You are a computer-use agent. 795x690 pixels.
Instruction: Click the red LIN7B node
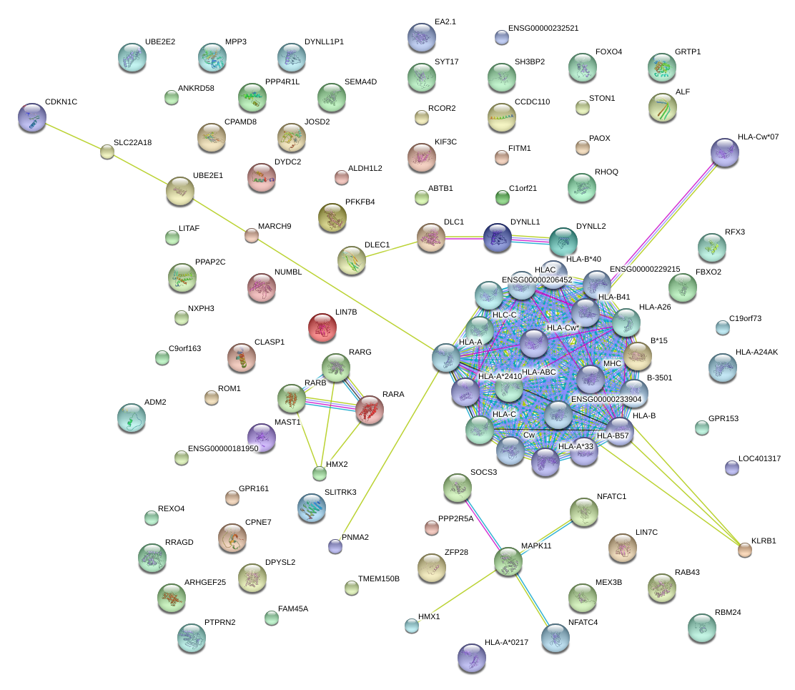coord(322,328)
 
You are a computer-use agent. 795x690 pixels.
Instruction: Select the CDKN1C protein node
coord(32,117)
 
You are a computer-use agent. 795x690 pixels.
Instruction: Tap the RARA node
coord(369,410)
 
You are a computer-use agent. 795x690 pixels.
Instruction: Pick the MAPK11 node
coord(508,561)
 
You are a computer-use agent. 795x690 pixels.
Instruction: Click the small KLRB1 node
coord(745,549)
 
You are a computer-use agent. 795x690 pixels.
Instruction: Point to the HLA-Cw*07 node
coord(725,152)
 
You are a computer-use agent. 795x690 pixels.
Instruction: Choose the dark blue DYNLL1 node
coord(498,237)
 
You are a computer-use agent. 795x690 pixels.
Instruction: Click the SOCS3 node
coord(457,488)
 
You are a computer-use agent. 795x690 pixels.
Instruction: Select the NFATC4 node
coord(555,638)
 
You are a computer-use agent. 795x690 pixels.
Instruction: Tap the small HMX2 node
coord(320,473)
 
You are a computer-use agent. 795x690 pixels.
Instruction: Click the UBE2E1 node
coord(179,190)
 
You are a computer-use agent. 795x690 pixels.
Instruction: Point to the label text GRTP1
coord(688,52)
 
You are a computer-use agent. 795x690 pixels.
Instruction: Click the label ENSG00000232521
coord(543,28)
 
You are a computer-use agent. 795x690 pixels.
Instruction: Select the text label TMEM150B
coord(379,578)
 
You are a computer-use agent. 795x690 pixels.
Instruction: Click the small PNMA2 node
coord(335,546)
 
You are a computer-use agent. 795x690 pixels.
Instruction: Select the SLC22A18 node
coord(107,151)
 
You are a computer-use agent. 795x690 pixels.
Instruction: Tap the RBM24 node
coord(701,627)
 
